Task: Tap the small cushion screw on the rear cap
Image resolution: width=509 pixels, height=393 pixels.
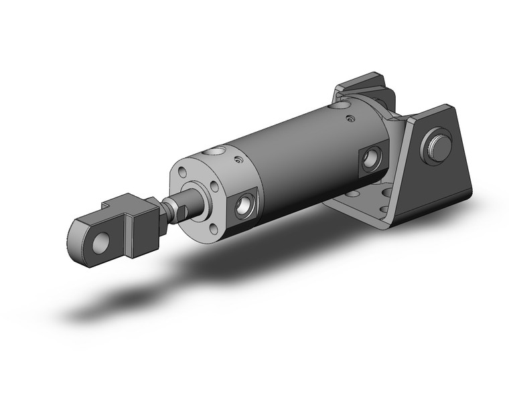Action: click(350, 119)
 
